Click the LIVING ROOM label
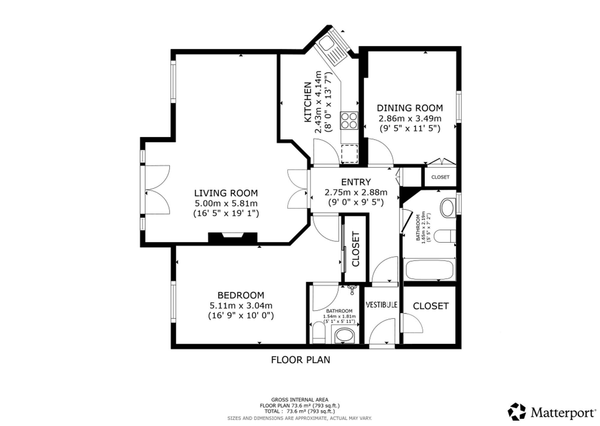[226, 193]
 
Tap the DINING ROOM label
[410, 108]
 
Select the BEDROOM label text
[241, 295]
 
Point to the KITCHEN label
[308, 102]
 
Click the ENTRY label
[356, 182]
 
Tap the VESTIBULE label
[382, 305]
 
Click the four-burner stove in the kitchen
[349, 120]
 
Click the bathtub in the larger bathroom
[430, 269]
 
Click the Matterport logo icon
[517, 412]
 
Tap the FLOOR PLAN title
[300, 360]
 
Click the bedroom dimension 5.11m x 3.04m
[241, 306]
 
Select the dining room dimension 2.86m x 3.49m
[410, 118]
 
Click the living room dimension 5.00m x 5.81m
[226, 203]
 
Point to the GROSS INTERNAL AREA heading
[300, 400]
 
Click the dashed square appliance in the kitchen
[349, 154]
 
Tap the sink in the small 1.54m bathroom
[344, 335]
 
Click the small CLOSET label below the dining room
[440, 177]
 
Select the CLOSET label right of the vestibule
[431, 306]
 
